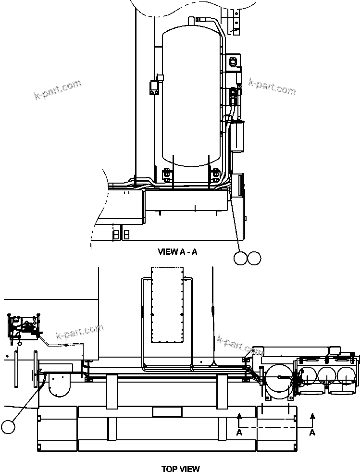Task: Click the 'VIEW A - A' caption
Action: (177, 251)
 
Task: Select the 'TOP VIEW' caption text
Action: (180, 469)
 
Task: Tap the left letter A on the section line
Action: (239, 433)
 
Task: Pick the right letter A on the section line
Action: (312, 433)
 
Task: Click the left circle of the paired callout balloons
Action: (241, 258)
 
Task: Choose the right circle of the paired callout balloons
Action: (254, 258)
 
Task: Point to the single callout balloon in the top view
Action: (8, 426)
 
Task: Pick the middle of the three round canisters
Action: (328, 375)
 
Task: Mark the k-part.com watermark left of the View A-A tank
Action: (57, 90)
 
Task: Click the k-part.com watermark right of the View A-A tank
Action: (272, 87)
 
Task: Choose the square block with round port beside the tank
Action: (234, 61)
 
